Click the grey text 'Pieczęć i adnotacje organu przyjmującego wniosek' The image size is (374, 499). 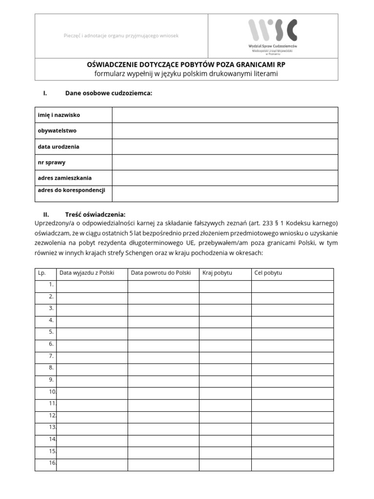click(121, 36)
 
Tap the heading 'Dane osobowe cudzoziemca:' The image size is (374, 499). click(109, 93)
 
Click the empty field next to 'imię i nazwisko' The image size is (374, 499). click(225, 115)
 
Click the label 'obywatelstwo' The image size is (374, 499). click(57, 131)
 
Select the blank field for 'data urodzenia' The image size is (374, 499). click(225, 147)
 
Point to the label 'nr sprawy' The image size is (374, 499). click(52, 162)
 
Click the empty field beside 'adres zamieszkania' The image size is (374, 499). click(225, 178)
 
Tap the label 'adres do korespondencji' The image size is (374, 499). click(72, 190)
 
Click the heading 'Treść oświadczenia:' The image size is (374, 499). click(95, 214)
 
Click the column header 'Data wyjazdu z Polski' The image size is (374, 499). click(87, 273)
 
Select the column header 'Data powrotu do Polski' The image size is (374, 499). click(161, 273)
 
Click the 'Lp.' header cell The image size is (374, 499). click(42, 273)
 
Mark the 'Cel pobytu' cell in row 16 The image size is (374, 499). click(292, 465)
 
